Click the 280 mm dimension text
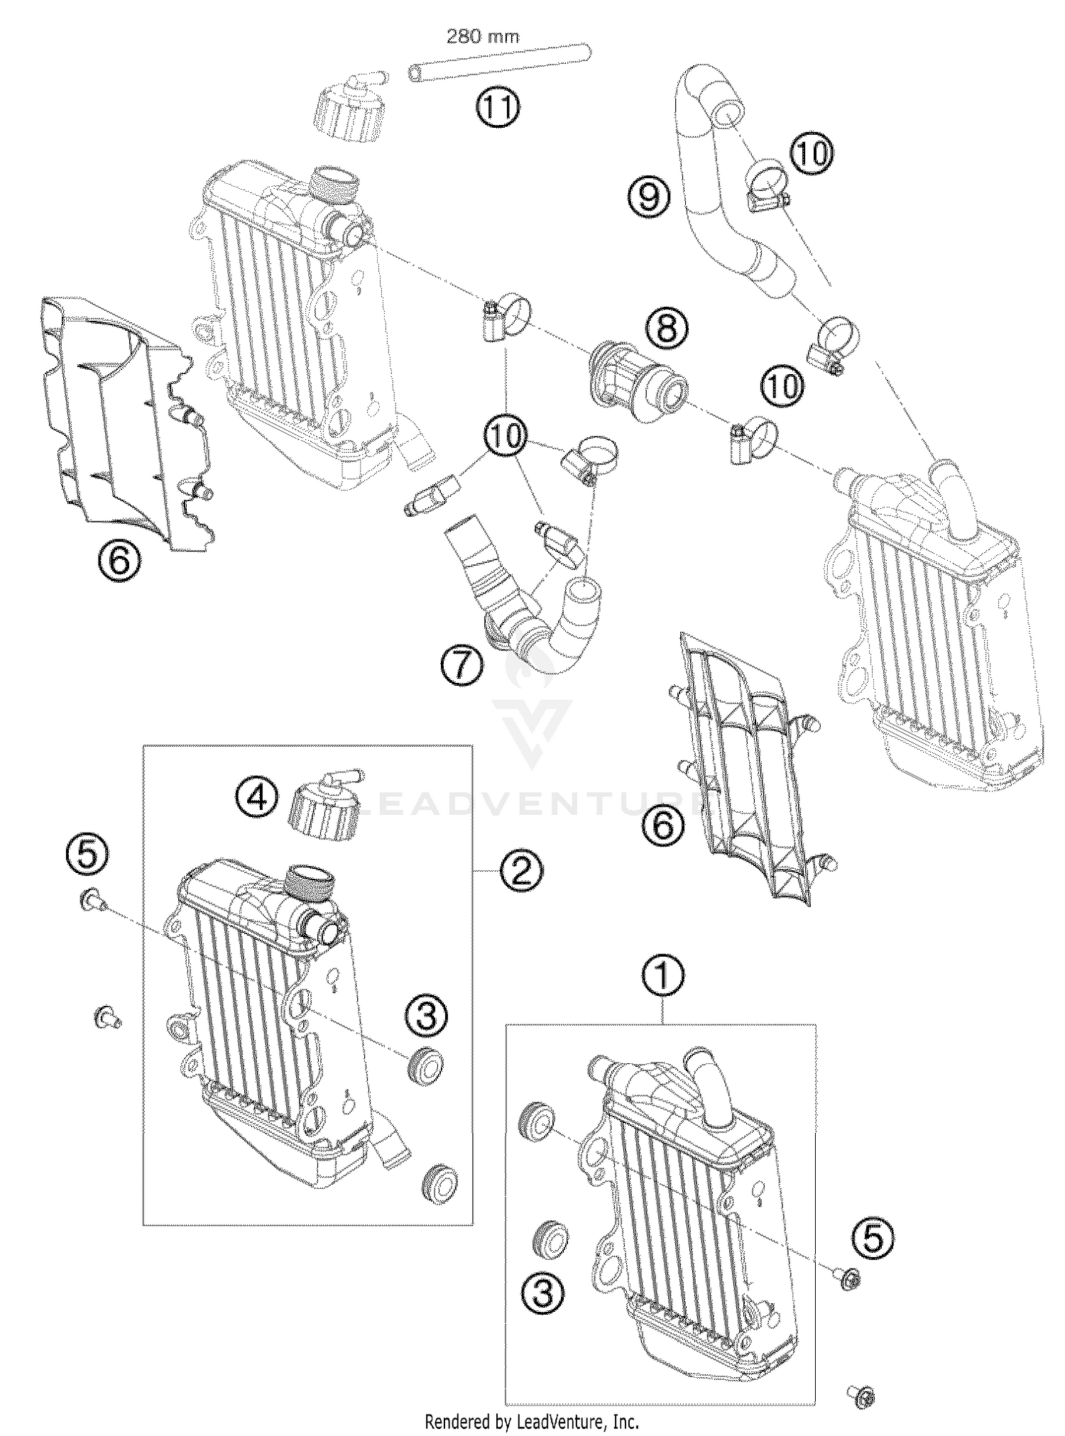click(x=482, y=36)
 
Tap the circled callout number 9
click(x=648, y=197)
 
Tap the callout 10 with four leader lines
click(x=506, y=435)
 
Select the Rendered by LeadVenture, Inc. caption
click(x=532, y=1422)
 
